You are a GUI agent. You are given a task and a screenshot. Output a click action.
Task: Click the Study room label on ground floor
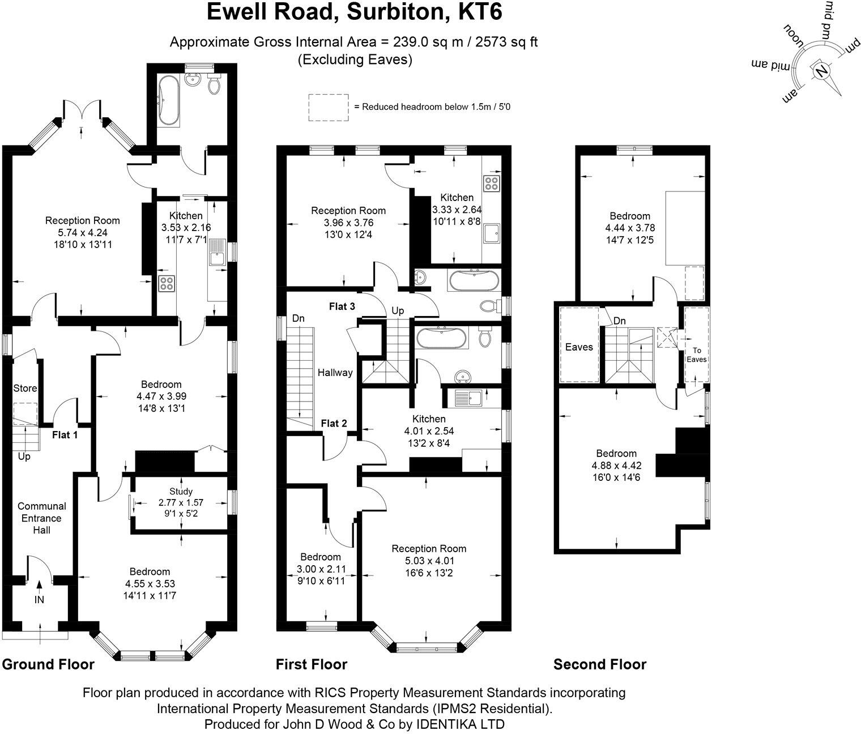click(181, 492)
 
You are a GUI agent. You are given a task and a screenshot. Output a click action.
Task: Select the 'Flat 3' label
click(342, 306)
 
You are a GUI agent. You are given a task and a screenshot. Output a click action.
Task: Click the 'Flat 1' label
click(65, 435)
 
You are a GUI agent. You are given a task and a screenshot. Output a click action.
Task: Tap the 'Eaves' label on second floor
click(579, 347)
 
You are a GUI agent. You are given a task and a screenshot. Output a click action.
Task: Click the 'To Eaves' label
click(696, 355)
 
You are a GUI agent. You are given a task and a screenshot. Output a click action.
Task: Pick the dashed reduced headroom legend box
click(328, 107)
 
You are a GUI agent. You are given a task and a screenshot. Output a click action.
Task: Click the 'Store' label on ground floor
click(25, 388)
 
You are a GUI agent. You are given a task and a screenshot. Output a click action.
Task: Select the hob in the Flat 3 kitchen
click(491, 183)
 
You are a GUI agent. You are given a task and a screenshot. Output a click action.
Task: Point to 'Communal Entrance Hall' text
click(41, 518)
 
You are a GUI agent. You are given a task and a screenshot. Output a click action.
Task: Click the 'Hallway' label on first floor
click(335, 373)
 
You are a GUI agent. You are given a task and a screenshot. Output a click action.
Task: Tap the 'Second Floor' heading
click(599, 664)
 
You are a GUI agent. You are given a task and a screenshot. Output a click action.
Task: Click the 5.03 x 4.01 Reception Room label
click(429, 561)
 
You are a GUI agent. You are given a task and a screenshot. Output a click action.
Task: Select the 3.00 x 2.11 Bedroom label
click(321, 569)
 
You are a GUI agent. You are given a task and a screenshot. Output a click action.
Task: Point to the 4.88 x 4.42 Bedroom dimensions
click(616, 466)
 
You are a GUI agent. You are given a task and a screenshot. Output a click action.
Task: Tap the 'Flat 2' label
click(334, 423)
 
